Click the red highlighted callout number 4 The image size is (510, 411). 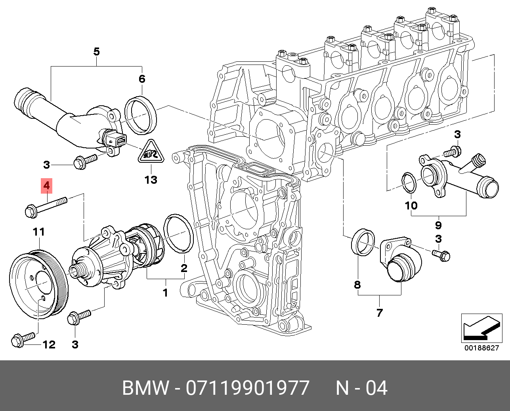coord(47,185)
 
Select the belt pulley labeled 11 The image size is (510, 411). coord(39,284)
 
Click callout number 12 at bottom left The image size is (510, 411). coord(49,344)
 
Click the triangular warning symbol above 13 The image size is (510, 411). coord(151,153)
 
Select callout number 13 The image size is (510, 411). coord(151,180)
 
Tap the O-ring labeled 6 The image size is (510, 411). coord(141,114)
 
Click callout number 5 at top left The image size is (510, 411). coord(96,51)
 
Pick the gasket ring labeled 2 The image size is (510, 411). coord(178,233)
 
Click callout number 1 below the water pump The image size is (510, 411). coord(165,293)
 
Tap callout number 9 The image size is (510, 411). coord(438,225)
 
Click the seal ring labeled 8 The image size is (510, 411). coord(362,242)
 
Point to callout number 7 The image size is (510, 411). coord(379,312)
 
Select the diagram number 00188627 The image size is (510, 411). coord(481,348)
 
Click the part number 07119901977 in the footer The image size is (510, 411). coord(247,388)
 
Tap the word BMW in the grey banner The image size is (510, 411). coord(145,388)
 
